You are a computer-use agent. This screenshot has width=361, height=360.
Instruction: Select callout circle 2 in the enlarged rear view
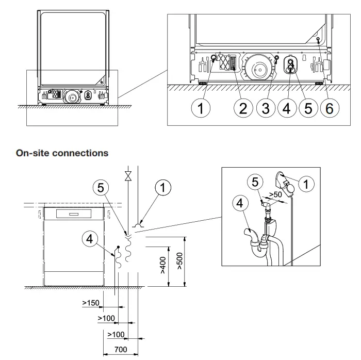pos(244,109)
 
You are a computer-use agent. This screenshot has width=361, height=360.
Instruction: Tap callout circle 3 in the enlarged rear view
pos(266,109)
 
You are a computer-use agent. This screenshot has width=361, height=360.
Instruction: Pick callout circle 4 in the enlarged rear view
pos(287,109)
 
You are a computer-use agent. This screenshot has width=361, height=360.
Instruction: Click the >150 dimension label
pos(91,303)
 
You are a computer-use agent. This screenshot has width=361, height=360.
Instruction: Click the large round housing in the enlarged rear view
pos(256,68)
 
